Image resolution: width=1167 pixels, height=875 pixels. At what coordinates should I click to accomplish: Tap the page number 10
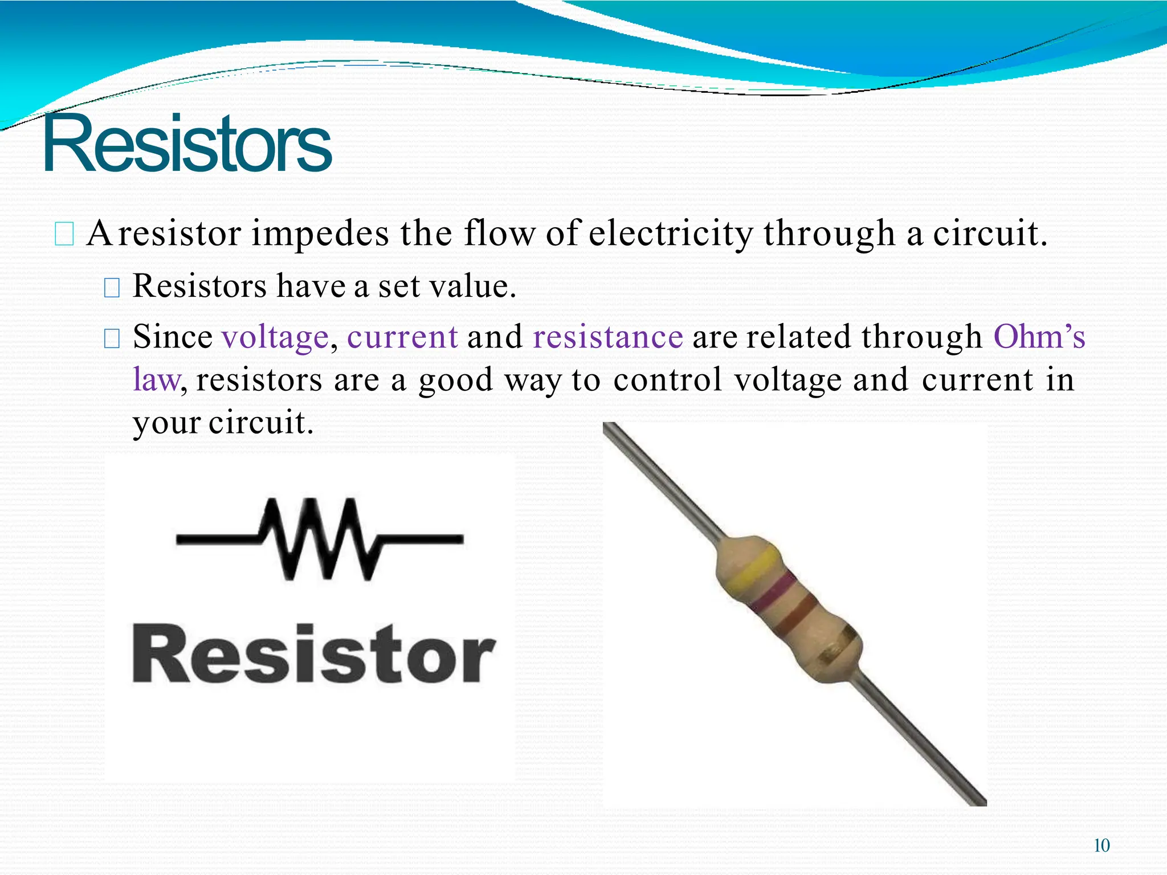pyautogui.click(x=1101, y=845)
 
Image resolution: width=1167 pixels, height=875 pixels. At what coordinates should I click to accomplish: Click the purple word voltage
pyautogui.click(x=275, y=337)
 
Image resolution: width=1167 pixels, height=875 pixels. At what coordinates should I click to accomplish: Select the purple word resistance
pyautogui.click(x=607, y=337)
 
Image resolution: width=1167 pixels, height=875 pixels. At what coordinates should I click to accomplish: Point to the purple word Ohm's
pyautogui.click(x=1039, y=337)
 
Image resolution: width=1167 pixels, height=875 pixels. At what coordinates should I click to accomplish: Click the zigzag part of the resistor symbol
pyautogui.click(x=319, y=539)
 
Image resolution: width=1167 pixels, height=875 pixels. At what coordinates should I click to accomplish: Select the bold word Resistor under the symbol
pyautogui.click(x=313, y=654)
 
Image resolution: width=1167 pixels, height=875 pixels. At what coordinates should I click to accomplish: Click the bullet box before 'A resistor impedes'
pyautogui.click(x=64, y=234)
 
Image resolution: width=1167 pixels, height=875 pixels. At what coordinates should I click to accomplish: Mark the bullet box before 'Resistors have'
pyautogui.click(x=112, y=288)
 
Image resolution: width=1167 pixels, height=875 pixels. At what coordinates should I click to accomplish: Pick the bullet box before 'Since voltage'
pyautogui.click(x=112, y=339)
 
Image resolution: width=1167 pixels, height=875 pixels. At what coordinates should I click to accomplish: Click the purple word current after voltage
pyautogui.click(x=402, y=337)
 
